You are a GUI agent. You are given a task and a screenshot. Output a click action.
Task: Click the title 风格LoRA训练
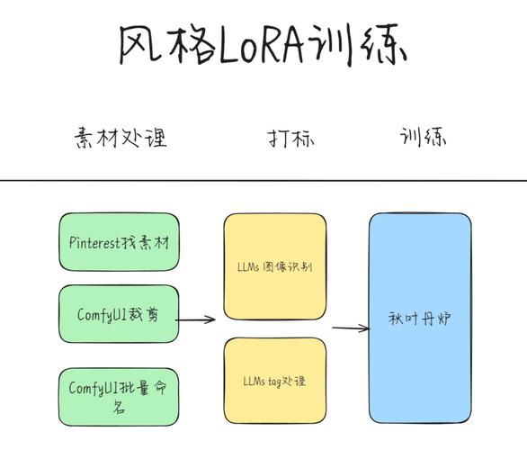click(263, 45)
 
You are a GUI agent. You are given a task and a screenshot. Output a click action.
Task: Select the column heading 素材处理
click(120, 138)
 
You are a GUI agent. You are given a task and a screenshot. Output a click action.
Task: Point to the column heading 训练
click(424, 138)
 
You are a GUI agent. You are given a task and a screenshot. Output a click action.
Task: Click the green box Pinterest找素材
click(118, 243)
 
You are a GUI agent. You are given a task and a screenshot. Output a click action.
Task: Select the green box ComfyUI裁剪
click(118, 314)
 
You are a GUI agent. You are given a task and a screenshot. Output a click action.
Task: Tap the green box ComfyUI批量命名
click(118, 396)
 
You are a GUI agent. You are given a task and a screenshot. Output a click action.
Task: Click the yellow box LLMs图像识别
click(274, 267)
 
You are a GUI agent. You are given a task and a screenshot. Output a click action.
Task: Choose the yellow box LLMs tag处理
click(274, 382)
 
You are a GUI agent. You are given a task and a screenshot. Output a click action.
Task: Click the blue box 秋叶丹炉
click(419, 318)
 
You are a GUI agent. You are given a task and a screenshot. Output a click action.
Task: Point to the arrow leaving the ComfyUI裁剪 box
click(196, 319)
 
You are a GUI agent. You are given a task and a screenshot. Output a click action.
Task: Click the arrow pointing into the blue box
click(350, 328)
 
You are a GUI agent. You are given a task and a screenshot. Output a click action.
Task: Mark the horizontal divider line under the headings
click(263, 181)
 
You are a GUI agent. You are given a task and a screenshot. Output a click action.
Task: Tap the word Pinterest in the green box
click(94, 243)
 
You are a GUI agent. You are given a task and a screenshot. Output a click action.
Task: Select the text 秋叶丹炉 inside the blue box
click(419, 318)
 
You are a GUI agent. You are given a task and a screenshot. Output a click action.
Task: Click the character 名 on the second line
click(118, 407)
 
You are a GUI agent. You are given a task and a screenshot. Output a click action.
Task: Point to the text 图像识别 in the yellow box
click(290, 267)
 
